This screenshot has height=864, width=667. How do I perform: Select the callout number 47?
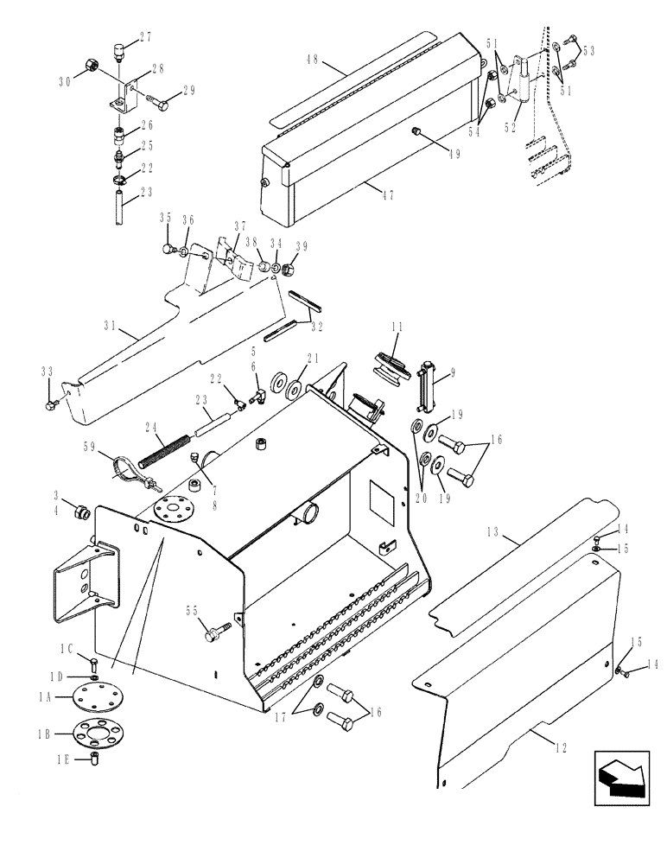pos(387,195)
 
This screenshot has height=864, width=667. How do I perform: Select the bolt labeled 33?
pos(54,401)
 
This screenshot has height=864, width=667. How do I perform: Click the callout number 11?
pos(397,327)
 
